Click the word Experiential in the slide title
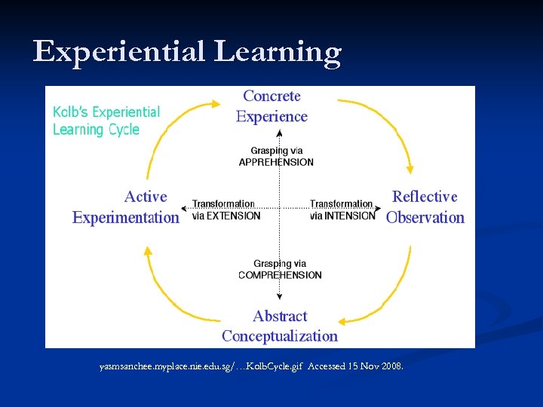119,53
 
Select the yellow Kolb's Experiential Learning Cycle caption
106,121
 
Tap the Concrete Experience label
271,106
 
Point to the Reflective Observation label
425,207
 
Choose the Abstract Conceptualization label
280,326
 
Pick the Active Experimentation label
126,207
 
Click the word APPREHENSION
276,162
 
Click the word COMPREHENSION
280,275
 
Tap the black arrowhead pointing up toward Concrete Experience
280,133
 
